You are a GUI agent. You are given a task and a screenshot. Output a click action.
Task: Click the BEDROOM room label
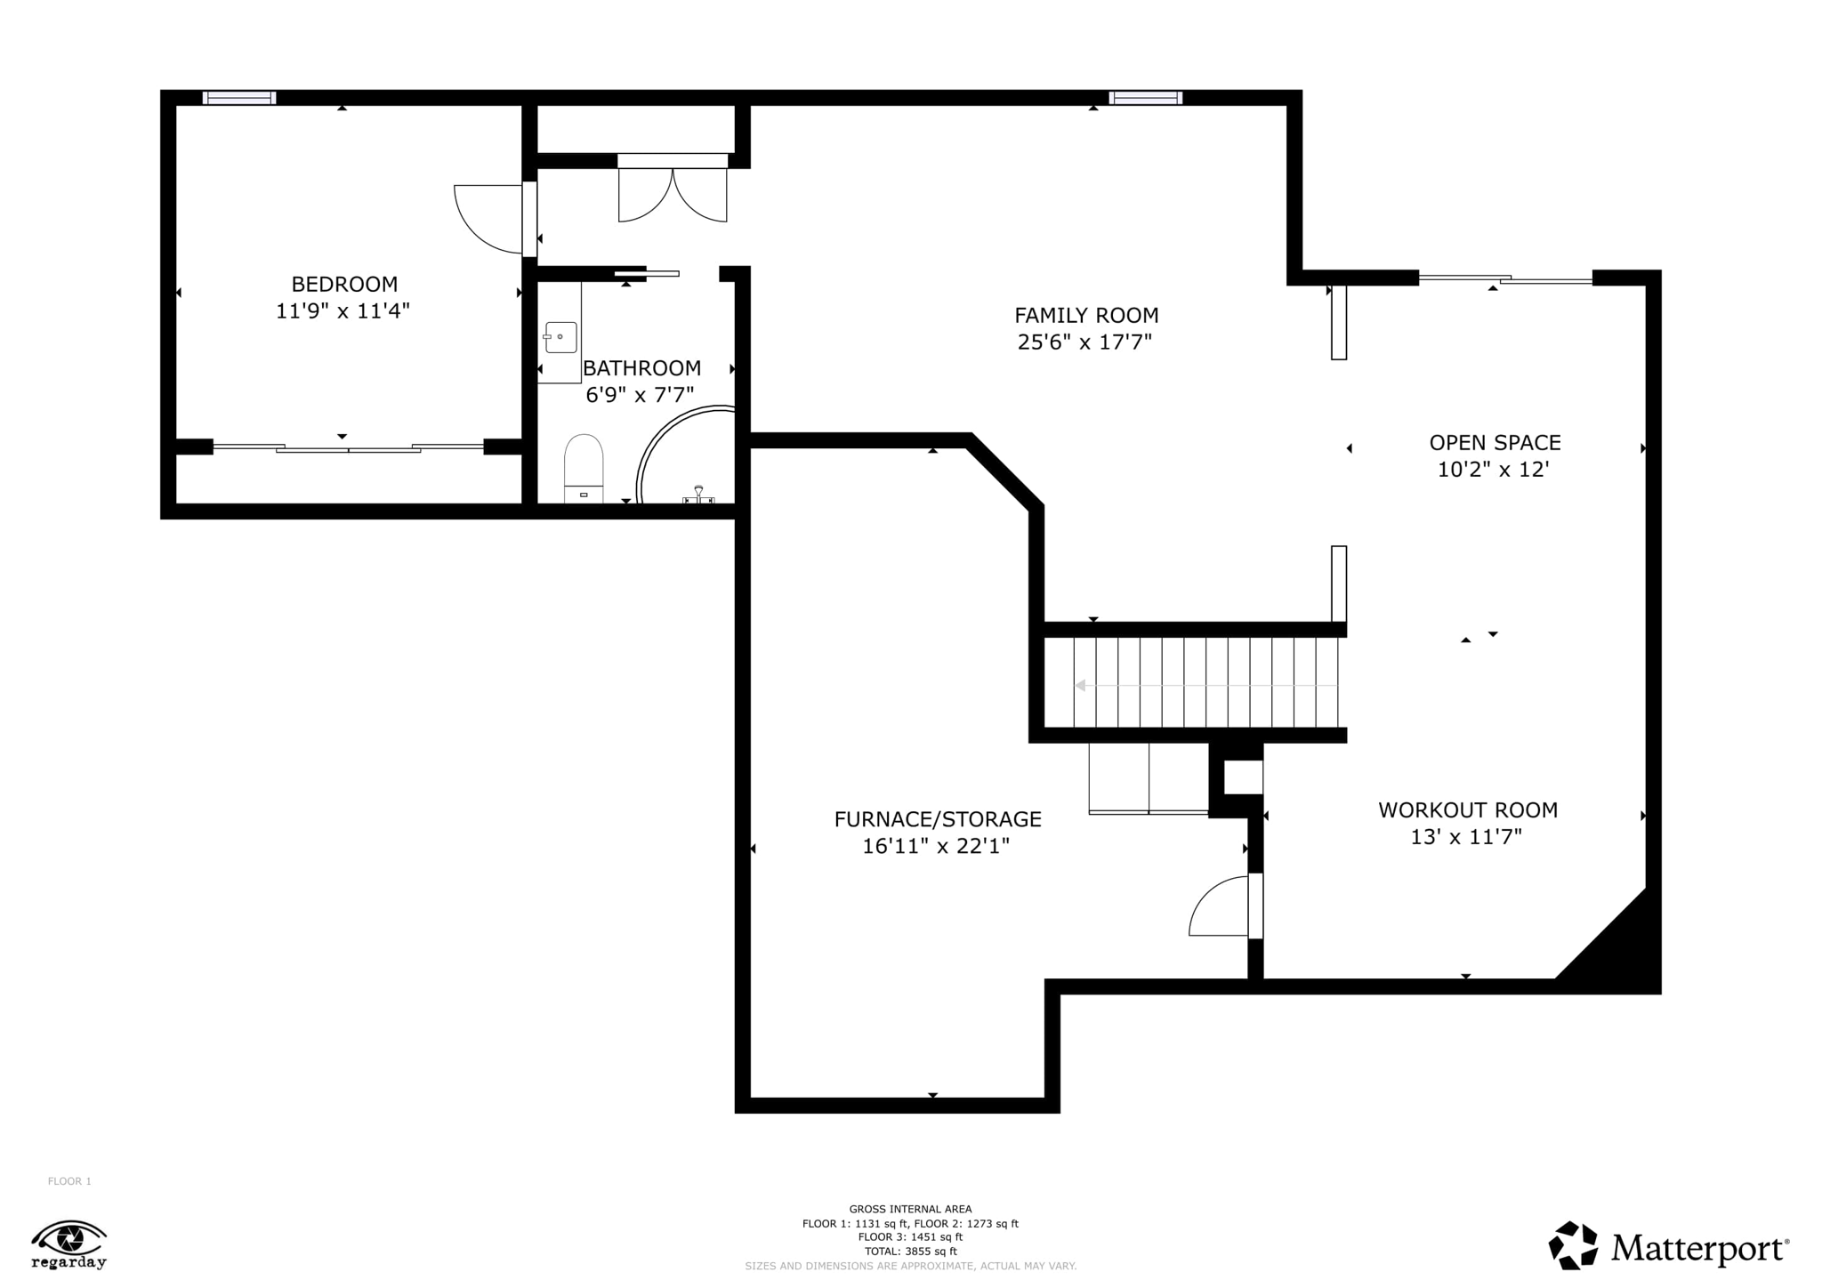[x=344, y=285]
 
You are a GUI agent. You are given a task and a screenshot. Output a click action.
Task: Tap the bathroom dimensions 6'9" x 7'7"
[x=640, y=395]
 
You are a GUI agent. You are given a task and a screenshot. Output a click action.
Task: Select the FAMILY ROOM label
[x=1086, y=316]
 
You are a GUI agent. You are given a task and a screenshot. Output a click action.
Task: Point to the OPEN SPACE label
[x=1495, y=443]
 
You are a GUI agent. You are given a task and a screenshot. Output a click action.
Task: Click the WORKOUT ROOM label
[x=1468, y=810]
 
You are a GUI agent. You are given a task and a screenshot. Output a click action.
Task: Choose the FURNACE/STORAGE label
[x=938, y=819]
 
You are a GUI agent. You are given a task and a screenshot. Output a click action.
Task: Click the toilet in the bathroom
[x=584, y=468]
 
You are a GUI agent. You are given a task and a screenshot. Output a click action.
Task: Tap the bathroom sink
[x=560, y=338]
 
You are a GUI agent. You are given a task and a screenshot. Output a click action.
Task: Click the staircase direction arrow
[x=1205, y=686]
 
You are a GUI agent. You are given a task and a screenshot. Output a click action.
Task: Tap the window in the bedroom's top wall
[x=239, y=98]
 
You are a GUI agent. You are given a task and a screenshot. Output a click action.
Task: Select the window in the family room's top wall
[x=1146, y=98]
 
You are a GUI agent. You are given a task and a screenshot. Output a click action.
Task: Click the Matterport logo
[x=1669, y=1246]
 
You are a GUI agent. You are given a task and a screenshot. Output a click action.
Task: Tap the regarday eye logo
[x=69, y=1244]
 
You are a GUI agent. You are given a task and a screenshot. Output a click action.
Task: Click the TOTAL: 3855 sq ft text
[x=910, y=1252]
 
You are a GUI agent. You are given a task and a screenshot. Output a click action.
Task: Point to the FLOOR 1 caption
[x=69, y=1181]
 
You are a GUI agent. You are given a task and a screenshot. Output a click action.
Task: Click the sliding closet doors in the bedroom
[x=348, y=447]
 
